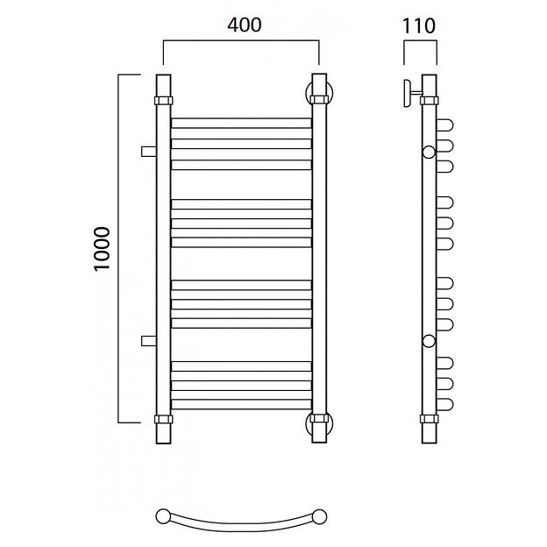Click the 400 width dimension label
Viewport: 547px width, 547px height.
(245, 25)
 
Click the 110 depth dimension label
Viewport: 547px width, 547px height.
(419, 26)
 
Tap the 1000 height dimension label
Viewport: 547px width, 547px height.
(103, 248)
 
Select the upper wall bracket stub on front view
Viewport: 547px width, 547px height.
(149, 152)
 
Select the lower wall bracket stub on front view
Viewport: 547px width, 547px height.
(149, 341)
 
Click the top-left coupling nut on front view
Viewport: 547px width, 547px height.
(164, 100)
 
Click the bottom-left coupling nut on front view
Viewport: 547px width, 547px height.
(164, 419)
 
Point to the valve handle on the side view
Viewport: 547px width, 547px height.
(408, 93)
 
